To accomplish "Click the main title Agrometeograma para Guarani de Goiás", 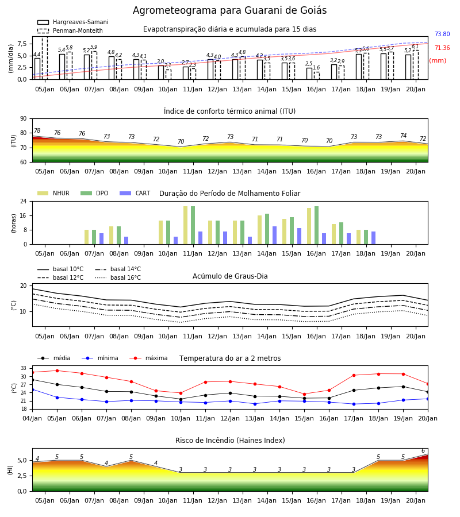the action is (x=229, y=10).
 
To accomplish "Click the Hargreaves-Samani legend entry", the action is (x=72, y=22).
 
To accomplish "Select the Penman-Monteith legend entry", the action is (x=70, y=30).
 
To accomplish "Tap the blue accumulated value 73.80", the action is (x=442, y=34).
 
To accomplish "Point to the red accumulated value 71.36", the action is (x=442, y=48).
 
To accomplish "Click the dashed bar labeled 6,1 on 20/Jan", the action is (x=416, y=65).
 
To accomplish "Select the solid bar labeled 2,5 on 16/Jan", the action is (x=309, y=74).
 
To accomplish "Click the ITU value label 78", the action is (x=37, y=130).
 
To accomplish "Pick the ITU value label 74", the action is (x=403, y=136).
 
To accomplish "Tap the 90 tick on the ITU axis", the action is (x=24, y=119).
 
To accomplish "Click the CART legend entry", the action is (x=135, y=193).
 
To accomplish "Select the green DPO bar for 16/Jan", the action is (x=316, y=225).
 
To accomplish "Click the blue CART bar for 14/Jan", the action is (x=274, y=236).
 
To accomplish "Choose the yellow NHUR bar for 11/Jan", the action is (x=186, y=225).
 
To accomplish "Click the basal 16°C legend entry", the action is (x=118, y=277).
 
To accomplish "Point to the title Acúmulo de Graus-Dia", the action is (x=230, y=276).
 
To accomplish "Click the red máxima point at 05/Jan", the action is (x=57, y=371).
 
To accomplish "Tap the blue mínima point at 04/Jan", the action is (x=33, y=389).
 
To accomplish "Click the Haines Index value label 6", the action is (x=423, y=451).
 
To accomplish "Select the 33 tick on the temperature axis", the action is (x=24, y=368).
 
